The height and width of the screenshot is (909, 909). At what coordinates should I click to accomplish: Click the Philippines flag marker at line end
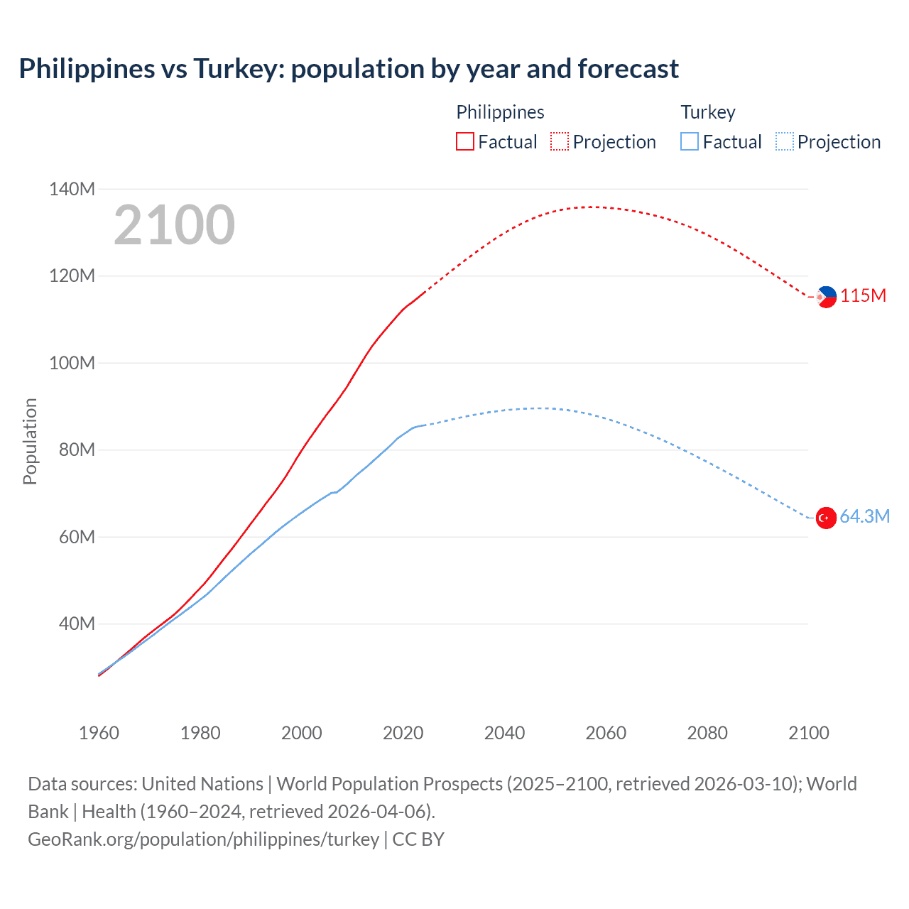click(x=827, y=297)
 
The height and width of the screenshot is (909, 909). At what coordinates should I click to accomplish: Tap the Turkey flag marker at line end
click(x=826, y=518)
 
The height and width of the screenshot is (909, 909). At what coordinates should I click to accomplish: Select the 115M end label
click(x=863, y=296)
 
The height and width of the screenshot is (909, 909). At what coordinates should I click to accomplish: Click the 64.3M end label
click(x=864, y=516)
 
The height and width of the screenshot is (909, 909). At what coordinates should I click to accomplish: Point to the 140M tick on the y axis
click(x=72, y=189)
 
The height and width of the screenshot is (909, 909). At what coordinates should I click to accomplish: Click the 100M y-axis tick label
click(x=72, y=363)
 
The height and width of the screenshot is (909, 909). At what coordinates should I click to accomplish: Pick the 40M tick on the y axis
click(x=77, y=624)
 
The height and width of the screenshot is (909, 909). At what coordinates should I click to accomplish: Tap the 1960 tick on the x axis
click(x=99, y=733)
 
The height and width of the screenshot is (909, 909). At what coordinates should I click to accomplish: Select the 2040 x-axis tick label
click(x=504, y=733)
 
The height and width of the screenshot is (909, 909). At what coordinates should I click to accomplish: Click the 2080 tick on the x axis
click(x=707, y=733)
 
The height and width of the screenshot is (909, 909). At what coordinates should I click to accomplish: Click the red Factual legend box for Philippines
click(x=465, y=141)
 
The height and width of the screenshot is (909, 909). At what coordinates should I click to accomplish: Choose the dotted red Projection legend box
click(x=560, y=141)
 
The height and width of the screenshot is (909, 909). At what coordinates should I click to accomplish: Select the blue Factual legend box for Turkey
click(x=690, y=141)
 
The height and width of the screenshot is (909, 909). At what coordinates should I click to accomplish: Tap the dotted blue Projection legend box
click(x=784, y=141)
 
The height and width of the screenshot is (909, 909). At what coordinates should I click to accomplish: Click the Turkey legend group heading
click(x=707, y=112)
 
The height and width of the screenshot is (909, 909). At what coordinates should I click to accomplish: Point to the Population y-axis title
click(x=30, y=441)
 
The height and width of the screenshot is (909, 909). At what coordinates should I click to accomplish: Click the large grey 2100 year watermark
click(x=174, y=225)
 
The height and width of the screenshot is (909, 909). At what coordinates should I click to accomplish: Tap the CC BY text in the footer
click(x=418, y=839)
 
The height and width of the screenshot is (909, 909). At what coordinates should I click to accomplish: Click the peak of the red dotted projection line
click(x=594, y=207)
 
